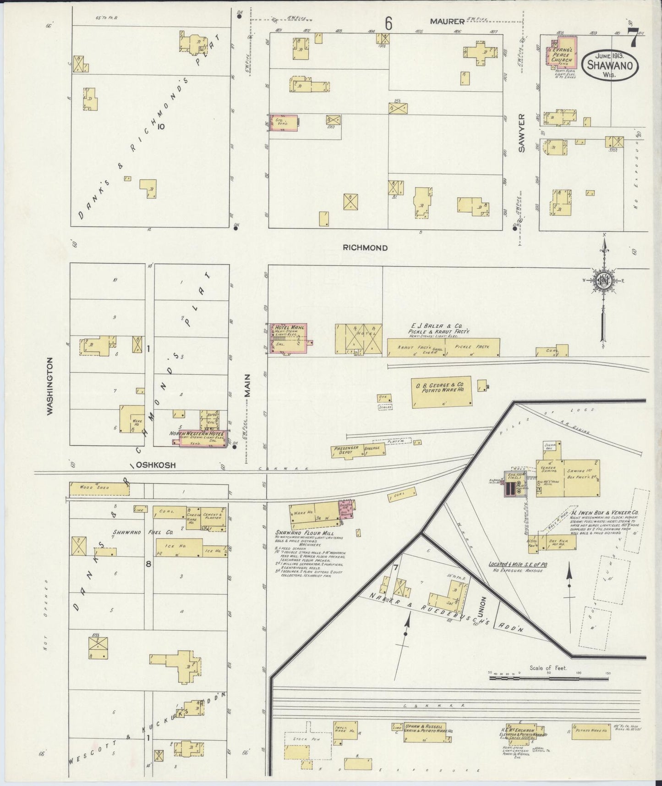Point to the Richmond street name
pos(366,248)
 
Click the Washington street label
pos(50,387)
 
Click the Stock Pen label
pos(305,739)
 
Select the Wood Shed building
pos(98,488)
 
